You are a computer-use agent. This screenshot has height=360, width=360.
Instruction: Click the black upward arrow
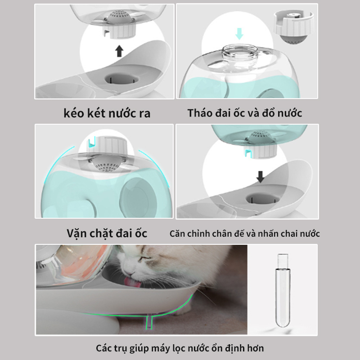119,50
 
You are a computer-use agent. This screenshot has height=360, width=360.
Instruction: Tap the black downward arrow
261,176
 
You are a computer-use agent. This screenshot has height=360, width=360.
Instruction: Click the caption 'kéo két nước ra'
107,113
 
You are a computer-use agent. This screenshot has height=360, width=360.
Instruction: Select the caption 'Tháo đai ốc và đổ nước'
245,113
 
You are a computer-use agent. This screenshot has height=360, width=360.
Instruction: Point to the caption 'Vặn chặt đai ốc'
107,234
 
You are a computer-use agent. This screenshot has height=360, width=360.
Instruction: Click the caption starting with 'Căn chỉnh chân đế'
245,234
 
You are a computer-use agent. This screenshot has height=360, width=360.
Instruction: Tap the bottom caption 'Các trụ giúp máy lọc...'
180,348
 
